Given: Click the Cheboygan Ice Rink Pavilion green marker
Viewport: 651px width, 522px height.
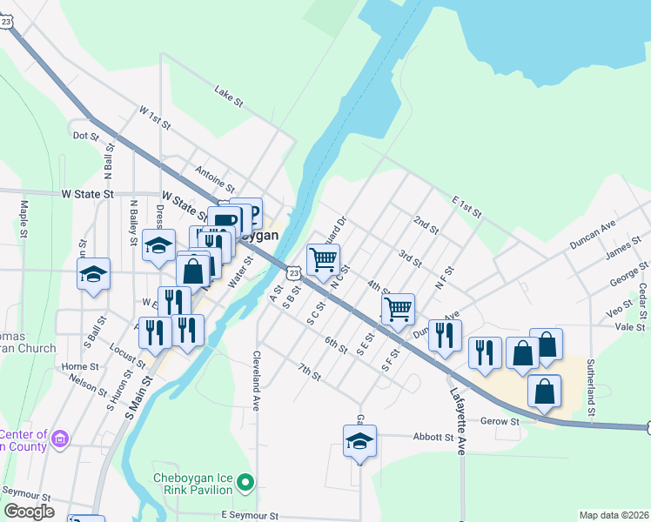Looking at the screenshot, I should pos(246,481).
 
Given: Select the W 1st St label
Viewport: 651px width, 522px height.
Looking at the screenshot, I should pos(155,117).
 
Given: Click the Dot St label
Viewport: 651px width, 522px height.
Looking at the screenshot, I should pos(86,136).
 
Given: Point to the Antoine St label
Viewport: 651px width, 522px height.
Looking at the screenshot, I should pos(215,178).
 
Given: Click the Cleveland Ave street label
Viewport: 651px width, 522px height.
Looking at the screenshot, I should pos(258,381).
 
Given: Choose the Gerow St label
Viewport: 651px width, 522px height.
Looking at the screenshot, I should pos(500,421).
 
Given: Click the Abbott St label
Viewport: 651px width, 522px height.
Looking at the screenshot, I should pos(435,438).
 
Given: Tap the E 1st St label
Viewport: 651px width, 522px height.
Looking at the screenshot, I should pos(466,205).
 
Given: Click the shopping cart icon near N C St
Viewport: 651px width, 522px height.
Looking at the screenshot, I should pos(323,259).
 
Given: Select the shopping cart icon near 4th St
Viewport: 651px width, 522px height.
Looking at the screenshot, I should pos(398,308).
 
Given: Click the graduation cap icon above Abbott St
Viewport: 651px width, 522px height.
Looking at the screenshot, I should pos(359,441).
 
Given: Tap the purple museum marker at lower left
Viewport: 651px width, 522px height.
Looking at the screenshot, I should pos(59,437).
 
